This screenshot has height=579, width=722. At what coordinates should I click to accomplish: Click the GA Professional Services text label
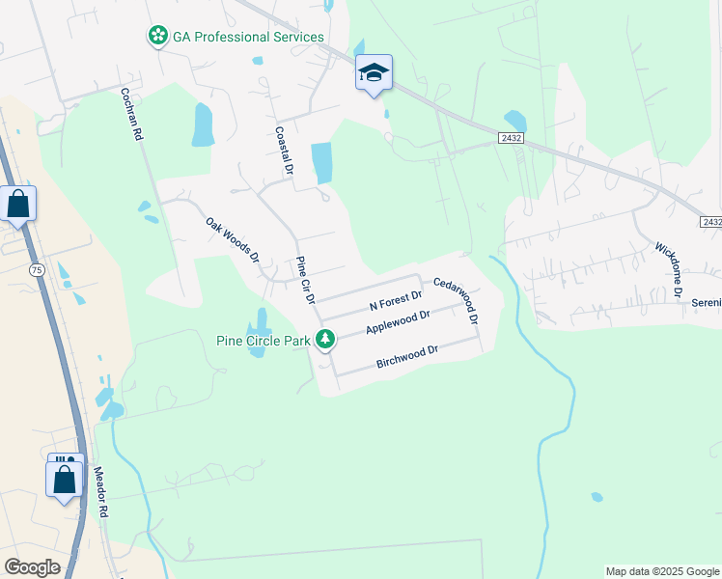pos(248,37)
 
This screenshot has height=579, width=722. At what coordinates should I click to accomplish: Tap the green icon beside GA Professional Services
pos(157,37)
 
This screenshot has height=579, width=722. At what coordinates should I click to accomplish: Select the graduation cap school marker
pos(374,72)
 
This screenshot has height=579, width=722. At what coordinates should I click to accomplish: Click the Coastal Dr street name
pos(284,152)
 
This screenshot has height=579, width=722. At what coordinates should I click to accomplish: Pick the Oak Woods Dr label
pos(233,239)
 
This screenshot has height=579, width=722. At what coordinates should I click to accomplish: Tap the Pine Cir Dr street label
pos(305,280)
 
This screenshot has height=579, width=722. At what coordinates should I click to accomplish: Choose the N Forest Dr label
pos(397,301)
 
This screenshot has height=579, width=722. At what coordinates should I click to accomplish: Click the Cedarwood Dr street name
pos(456,300)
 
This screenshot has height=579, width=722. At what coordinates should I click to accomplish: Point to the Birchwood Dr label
pos(406,356)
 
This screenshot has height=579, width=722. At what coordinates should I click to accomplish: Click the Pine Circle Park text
pos(264,340)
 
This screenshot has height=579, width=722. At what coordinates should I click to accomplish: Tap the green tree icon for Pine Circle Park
pos(326,339)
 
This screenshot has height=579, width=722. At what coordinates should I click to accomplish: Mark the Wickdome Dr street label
pos(669,270)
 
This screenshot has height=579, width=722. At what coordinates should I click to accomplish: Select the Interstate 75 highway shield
pos(37,269)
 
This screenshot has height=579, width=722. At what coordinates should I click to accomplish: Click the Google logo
pos(32,566)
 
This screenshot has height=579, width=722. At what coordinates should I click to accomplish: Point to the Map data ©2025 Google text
pos(662,571)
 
